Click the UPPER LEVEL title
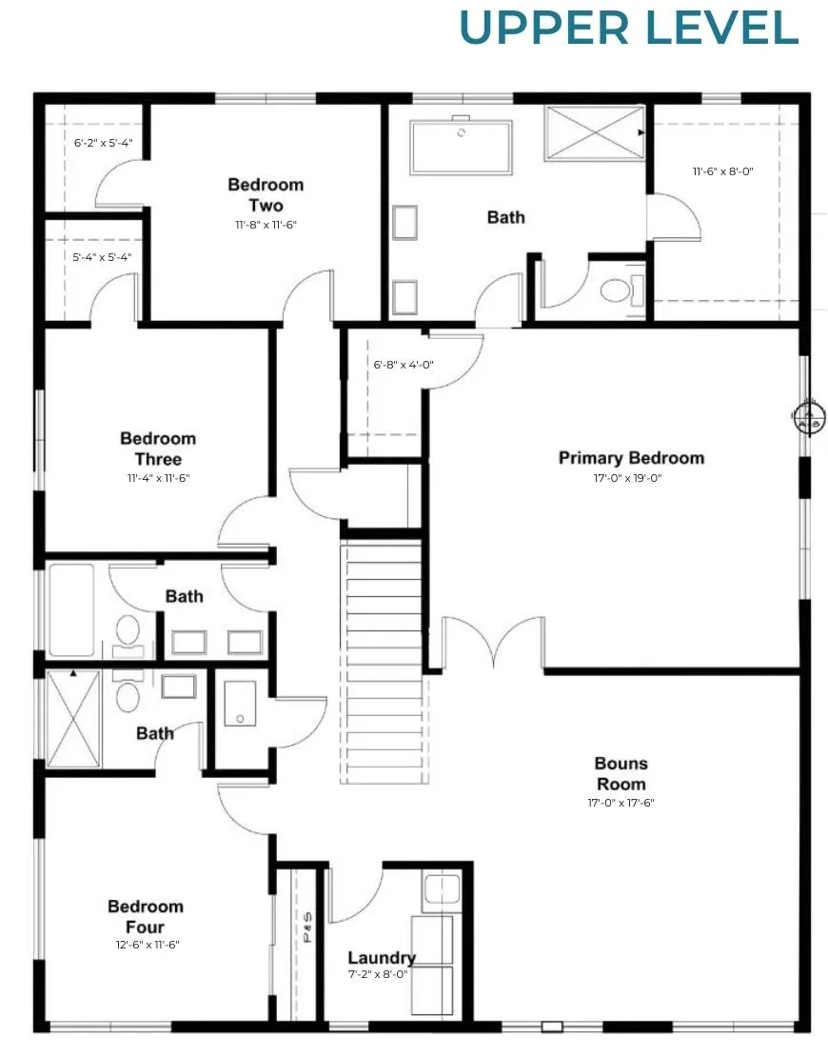[x=628, y=28]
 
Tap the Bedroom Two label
[x=266, y=195]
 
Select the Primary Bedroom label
[x=631, y=458]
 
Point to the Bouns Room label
[x=621, y=774]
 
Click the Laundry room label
[x=382, y=958]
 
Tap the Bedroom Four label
[x=146, y=917]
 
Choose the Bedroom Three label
[x=158, y=449]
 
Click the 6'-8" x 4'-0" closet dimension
[x=404, y=365]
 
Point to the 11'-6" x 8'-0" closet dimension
[x=723, y=171]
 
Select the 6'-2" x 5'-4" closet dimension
[x=103, y=143]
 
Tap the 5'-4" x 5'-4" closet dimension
[x=103, y=257]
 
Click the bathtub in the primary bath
[x=462, y=147]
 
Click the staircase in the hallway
[x=384, y=661]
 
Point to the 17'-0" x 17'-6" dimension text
[x=621, y=803]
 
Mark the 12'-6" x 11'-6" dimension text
[x=148, y=945]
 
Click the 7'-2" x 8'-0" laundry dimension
[x=378, y=974]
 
